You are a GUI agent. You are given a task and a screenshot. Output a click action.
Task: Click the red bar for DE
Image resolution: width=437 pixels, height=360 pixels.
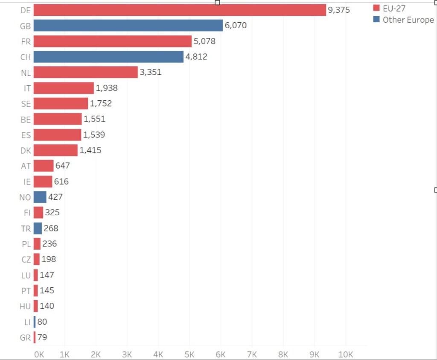[180, 10]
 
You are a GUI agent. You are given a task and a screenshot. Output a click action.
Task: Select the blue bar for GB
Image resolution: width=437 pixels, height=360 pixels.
[128, 25]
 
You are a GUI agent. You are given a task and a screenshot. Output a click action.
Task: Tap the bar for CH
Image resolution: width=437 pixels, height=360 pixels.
[108, 57]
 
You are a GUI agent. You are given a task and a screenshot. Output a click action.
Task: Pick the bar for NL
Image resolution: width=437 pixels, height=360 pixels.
[85, 72]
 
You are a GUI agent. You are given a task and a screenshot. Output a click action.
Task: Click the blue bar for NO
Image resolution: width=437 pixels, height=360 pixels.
[40, 197]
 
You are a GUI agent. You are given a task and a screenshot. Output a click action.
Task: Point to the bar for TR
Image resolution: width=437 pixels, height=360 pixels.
[38, 228]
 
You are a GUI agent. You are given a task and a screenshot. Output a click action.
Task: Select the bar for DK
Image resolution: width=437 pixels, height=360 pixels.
[55, 150]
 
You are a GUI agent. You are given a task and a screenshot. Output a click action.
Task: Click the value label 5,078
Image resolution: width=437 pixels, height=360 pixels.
[204, 41]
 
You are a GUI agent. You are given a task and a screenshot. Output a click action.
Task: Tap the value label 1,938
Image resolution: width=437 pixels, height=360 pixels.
[107, 88]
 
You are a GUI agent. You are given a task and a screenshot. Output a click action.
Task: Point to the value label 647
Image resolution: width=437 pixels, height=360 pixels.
[62, 166]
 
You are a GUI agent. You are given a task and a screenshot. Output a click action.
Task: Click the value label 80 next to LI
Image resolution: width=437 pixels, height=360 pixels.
[42, 322]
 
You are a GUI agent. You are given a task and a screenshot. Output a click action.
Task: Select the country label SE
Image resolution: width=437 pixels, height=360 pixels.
[26, 104]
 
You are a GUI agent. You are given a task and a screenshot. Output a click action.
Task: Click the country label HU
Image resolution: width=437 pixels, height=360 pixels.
[25, 306]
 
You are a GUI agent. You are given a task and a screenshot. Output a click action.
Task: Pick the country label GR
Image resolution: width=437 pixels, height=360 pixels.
[25, 338]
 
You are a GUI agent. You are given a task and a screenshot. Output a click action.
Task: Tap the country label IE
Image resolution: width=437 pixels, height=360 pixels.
[27, 182]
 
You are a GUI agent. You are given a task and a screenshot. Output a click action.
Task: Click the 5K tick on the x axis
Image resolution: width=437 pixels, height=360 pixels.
[189, 354]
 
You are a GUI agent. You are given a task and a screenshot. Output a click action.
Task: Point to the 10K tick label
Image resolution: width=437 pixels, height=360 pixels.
[346, 354]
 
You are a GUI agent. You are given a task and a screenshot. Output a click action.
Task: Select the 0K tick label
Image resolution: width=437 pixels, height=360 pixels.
[39, 354]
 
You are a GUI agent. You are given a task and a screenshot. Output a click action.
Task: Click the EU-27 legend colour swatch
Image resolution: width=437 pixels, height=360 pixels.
[376, 8]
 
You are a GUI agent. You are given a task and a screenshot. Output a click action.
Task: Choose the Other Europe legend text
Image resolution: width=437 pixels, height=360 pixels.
[408, 20]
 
